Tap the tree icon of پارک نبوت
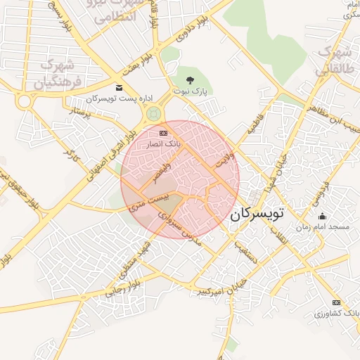[188, 79]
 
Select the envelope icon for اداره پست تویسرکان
[118, 88]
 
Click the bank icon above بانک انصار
[164, 133]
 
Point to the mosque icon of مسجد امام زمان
[322, 217]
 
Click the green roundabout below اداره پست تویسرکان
[154, 113]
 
